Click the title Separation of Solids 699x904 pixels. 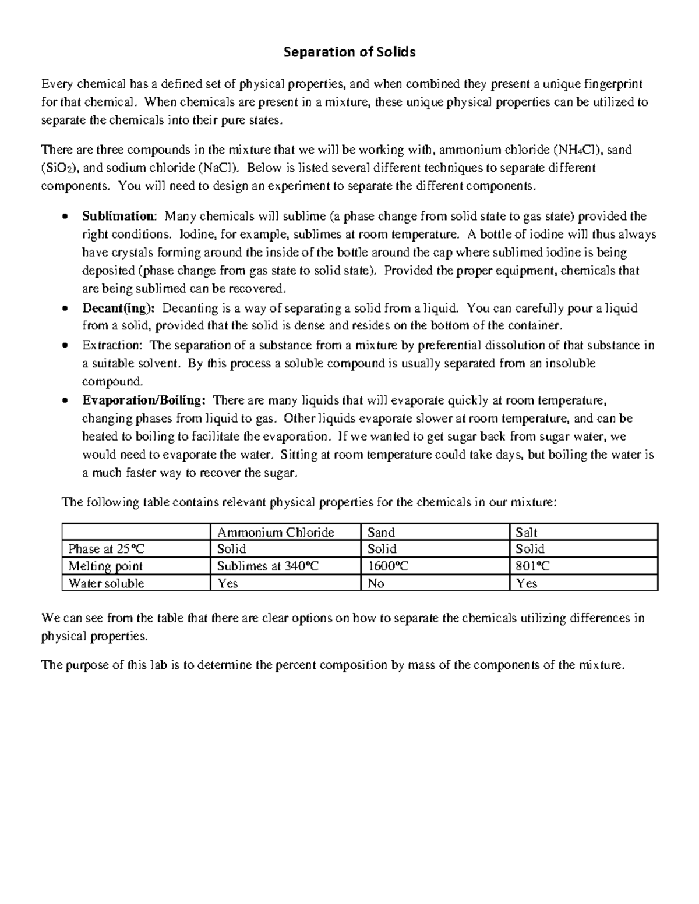point(349,52)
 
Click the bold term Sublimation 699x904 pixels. point(119,217)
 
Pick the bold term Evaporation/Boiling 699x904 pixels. point(143,400)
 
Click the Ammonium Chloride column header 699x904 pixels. point(276,532)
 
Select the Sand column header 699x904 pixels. point(381,532)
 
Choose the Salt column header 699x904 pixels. point(527,532)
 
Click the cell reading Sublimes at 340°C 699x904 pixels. point(267,566)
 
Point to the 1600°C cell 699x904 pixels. point(387,566)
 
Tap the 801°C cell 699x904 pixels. point(532,566)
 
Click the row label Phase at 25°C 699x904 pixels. point(105,549)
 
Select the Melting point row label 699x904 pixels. point(105,566)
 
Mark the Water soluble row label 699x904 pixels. point(106,583)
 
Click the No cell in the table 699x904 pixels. point(376,583)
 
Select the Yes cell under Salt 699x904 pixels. point(527,583)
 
